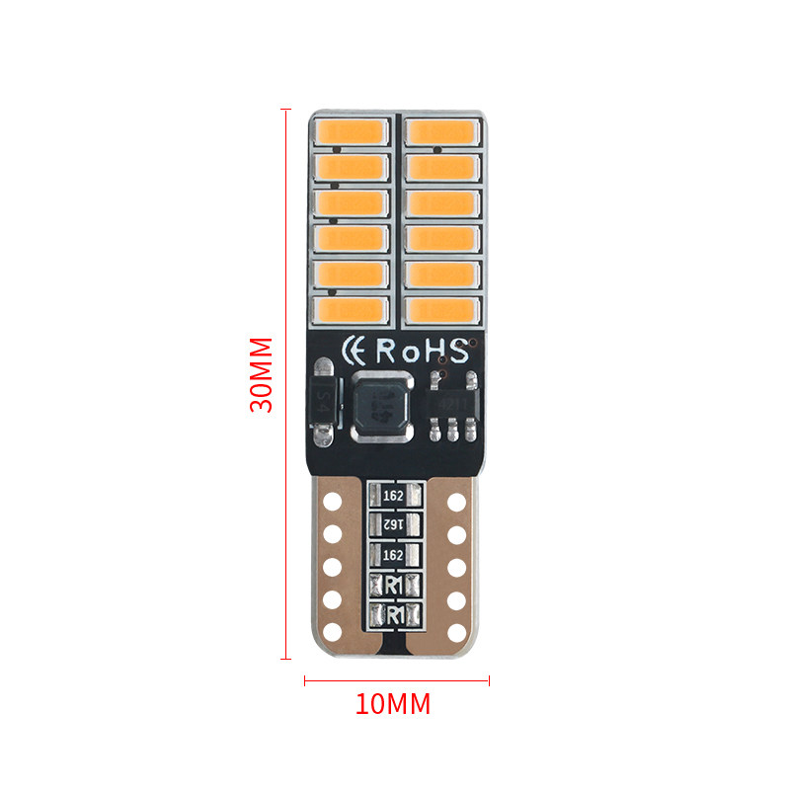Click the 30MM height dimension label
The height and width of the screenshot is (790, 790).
[261, 375]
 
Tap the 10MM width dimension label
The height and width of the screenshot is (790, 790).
[393, 705]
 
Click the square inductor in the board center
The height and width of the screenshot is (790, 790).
[378, 406]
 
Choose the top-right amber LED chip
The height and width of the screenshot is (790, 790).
[441, 130]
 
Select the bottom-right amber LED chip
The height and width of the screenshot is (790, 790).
[441, 310]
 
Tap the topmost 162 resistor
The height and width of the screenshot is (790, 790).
[394, 493]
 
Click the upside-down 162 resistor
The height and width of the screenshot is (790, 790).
[394, 523]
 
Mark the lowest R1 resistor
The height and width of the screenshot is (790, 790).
[394, 614]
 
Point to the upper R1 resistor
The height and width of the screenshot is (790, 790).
[394, 585]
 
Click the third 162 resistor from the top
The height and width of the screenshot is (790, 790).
[394, 554]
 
